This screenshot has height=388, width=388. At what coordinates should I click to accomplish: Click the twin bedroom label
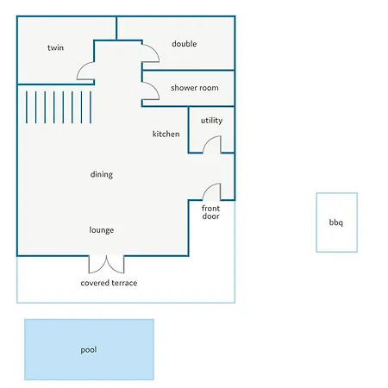point(55,47)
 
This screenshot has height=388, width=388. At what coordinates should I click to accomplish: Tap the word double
point(185,44)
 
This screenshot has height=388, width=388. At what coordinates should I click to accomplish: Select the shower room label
point(195,88)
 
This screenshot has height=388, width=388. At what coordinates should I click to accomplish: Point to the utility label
point(211,121)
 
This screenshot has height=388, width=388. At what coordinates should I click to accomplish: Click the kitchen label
point(166,134)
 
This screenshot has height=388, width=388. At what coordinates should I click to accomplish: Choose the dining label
point(102,174)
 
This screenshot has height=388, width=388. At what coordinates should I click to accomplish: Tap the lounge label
point(102,230)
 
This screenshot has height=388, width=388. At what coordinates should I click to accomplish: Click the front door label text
point(210,212)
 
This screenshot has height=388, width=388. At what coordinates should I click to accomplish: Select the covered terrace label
point(109,283)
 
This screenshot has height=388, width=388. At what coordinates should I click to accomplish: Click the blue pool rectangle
point(89,349)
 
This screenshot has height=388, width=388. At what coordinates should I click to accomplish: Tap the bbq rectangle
point(337,222)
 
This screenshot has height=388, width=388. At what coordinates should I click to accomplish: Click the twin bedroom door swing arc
point(82,67)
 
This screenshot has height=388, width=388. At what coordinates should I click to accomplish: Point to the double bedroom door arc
point(154,49)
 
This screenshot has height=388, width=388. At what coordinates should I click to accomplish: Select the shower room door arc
point(154,87)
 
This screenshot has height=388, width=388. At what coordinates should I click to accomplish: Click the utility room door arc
point(208,140)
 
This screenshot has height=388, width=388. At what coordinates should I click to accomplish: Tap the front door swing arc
point(208,187)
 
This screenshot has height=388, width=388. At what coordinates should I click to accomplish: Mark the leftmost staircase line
point(27,107)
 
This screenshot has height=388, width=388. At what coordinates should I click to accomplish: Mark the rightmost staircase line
point(91,107)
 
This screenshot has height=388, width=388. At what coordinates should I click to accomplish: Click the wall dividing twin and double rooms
point(116,28)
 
